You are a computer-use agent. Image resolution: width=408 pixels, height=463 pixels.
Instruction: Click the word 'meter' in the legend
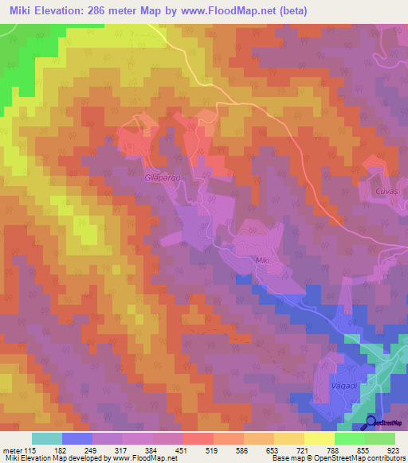click(12, 450)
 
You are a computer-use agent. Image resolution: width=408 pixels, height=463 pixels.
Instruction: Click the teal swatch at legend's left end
click(46, 438)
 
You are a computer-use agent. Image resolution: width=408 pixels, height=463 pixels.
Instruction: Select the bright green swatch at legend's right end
click(380, 438)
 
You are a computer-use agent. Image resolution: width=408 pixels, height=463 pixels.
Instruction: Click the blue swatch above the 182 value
click(76, 438)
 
